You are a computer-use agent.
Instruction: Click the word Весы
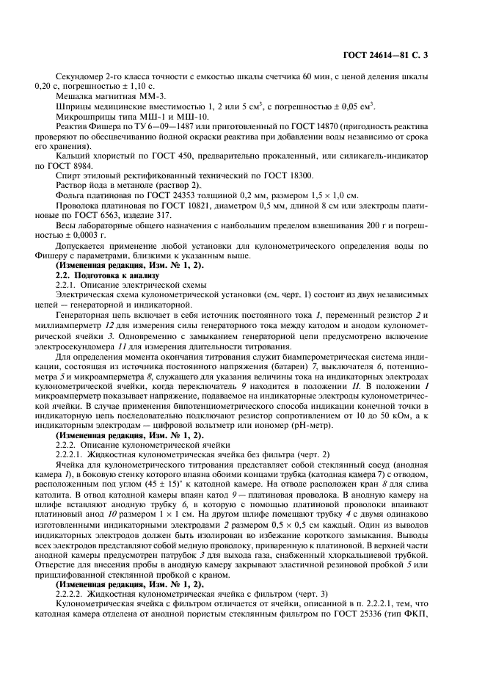coord(66,227)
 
